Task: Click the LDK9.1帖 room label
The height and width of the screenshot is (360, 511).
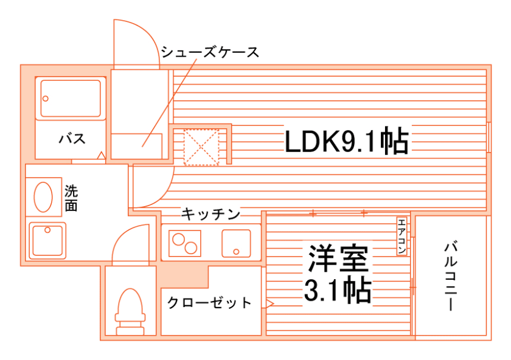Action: point(346,142)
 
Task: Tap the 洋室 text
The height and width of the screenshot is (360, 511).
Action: point(338,260)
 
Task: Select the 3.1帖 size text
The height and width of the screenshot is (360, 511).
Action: point(338,291)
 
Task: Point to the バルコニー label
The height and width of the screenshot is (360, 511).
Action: point(451,275)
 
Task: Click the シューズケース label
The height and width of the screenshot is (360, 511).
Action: point(210,52)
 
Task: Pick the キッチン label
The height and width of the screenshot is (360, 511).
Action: point(210,213)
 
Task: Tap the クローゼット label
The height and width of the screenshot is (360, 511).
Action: point(209,302)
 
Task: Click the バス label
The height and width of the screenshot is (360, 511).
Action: point(72,139)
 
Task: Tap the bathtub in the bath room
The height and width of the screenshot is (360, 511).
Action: point(71,98)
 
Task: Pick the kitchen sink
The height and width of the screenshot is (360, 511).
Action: point(236,243)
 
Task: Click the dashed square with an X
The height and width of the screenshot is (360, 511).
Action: point(202,146)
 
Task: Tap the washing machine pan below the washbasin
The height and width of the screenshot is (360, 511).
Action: point(48,240)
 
